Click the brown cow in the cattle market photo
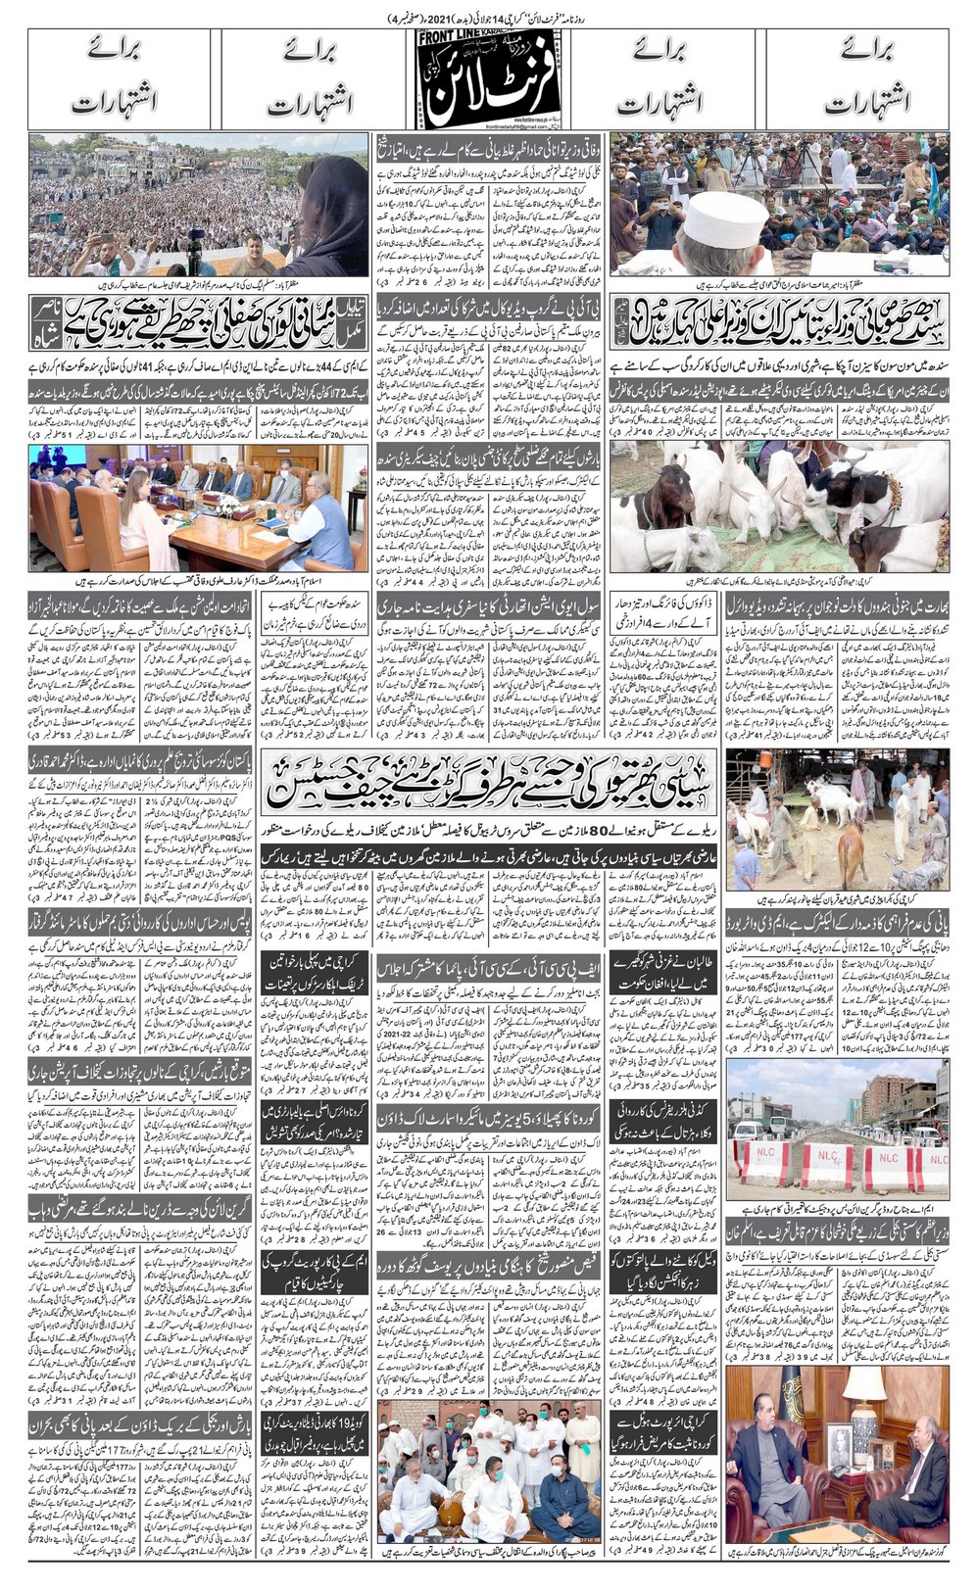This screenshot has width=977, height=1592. [853, 854]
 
